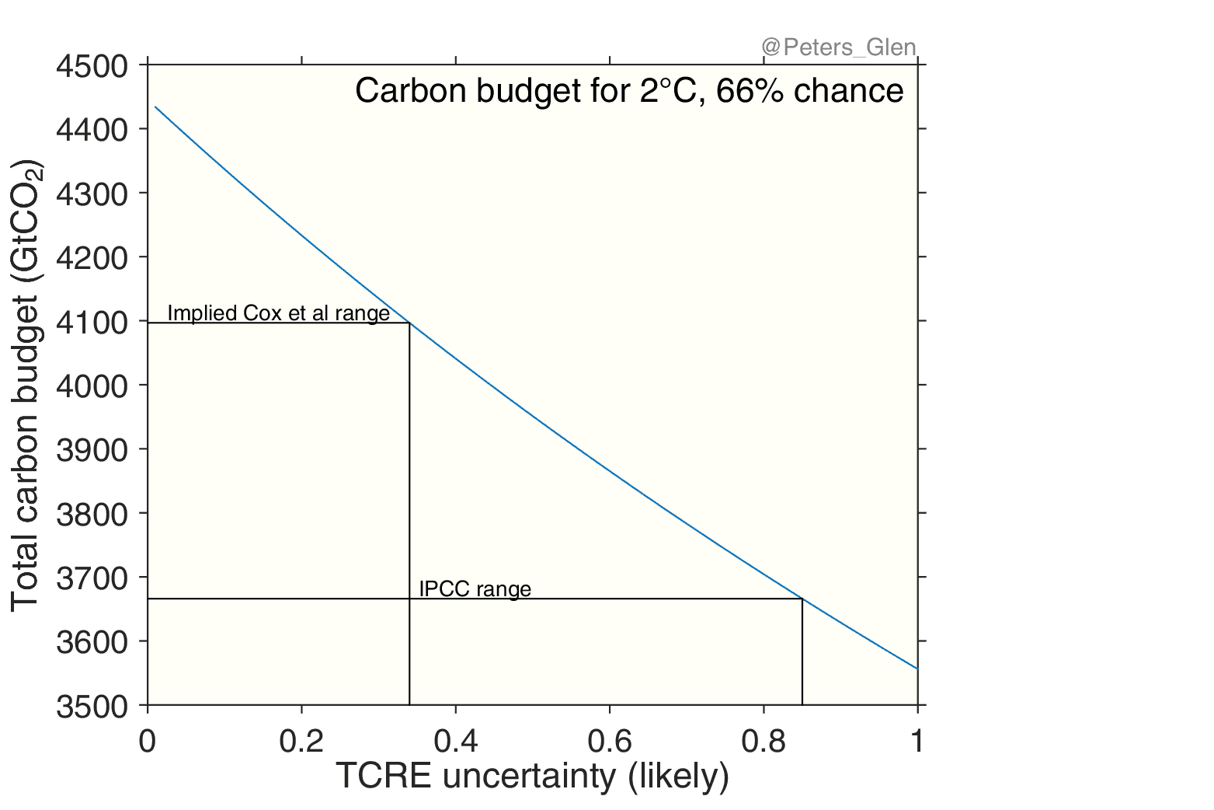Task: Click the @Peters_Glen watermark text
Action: click(x=839, y=48)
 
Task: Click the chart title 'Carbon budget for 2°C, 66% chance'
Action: click(x=629, y=91)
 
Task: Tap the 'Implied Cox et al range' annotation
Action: click(x=278, y=313)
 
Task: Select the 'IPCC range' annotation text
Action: click(x=475, y=588)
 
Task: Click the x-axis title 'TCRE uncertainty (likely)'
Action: click(x=532, y=776)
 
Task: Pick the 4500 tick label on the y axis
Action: click(x=92, y=66)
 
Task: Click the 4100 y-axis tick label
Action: click(x=92, y=322)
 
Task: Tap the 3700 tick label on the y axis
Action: click(x=92, y=578)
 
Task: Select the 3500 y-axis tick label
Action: click(x=92, y=707)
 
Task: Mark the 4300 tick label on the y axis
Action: click(x=92, y=194)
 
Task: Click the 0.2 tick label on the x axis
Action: click(x=301, y=742)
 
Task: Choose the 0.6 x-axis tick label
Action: click(x=610, y=742)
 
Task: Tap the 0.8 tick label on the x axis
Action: click(x=764, y=742)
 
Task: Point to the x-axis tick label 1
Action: click(x=917, y=742)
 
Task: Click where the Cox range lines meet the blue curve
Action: click(x=409, y=323)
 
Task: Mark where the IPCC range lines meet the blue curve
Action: click(x=802, y=599)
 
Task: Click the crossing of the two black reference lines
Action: click(x=409, y=599)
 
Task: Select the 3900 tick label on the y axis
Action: click(x=92, y=450)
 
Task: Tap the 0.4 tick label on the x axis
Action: click(x=455, y=742)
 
